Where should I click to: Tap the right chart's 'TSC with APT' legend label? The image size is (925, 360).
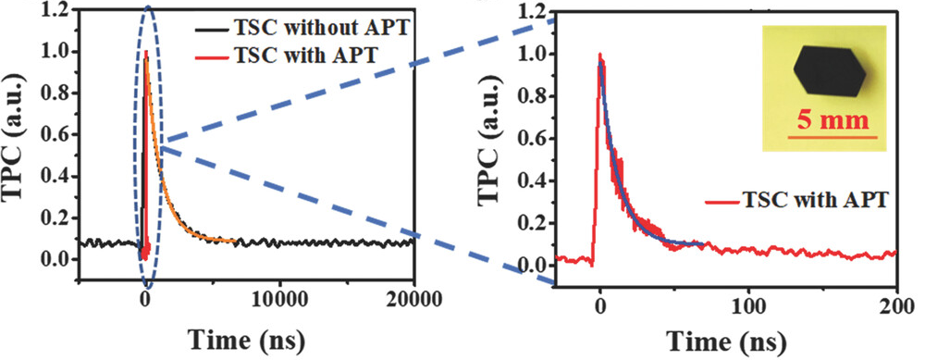pyautogui.click(x=796, y=201)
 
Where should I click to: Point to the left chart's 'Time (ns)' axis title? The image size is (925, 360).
pyautogui.click(x=247, y=340)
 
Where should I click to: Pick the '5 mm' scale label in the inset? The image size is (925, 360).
pyautogui.click(x=833, y=120)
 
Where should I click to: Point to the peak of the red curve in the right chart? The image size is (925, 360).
pyautogui.click(x=599, y=54)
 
